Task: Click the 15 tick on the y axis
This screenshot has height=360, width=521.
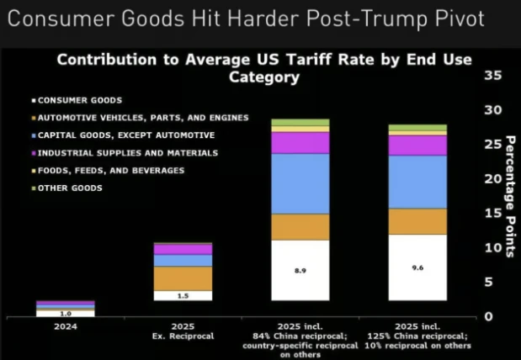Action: pos(494,214)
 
